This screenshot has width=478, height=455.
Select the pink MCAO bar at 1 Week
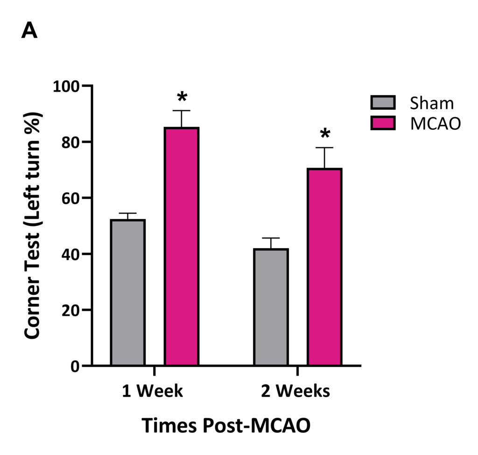(x=182, y=246)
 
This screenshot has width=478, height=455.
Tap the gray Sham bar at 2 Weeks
(x=271, y=307)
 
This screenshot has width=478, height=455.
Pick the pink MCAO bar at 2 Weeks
(x=324, y=267)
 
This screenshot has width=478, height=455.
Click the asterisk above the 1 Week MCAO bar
(x=182, y=98)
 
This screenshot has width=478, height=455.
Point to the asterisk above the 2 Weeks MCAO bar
(x=325, y=134)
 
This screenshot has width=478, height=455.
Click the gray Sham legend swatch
(x=383, y=103)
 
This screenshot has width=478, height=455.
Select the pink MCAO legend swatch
(x=383, y=123)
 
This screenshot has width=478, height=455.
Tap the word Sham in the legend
(x=432, y=103)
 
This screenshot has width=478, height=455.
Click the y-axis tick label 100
(x=67, y=86)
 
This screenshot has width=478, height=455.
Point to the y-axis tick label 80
(x=71, y=142)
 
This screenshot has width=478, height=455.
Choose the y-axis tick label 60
(x=71, y=198)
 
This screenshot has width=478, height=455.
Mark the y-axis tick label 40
(x=71, y=254)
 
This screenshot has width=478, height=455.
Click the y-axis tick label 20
(x=71, y=310)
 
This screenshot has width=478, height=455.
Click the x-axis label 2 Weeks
(x=295, y=391)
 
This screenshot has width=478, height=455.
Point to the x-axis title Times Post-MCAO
(x=225, y=425)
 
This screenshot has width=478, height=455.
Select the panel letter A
(x=29, y=31)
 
